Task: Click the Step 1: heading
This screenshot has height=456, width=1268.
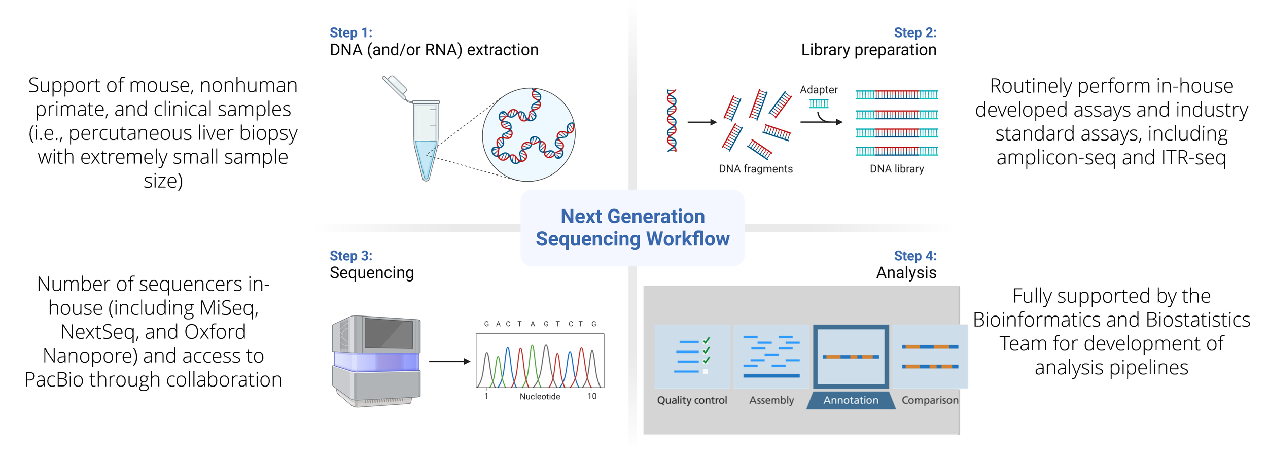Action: [351, 33]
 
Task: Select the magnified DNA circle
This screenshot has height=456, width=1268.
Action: [529, 135]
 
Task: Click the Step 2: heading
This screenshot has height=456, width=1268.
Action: [914, 33]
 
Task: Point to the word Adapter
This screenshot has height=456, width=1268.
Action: [819, 90]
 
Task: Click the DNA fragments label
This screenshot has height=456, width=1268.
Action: [755, 169]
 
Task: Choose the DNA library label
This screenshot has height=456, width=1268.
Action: [896, 169]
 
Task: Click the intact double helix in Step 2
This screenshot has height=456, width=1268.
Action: [672, 121]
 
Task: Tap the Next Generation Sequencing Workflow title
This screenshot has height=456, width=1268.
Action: [632, 227]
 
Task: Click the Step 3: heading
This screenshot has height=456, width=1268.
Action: [351, 256]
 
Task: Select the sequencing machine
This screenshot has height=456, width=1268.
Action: [376, 361]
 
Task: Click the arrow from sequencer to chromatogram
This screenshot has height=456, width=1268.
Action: [449, 361]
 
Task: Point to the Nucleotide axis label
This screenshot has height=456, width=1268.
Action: [540, 397]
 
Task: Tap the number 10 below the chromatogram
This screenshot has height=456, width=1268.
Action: [592, 396]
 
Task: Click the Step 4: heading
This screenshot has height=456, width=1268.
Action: [914, 256]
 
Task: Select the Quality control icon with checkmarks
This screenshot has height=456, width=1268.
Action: [692, 357]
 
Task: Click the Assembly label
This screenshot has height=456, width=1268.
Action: [771, 400]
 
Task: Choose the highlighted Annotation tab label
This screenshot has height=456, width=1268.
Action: [851, 400]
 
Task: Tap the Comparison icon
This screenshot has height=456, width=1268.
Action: [930, 357]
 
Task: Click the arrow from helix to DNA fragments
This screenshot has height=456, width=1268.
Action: [702, 122]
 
